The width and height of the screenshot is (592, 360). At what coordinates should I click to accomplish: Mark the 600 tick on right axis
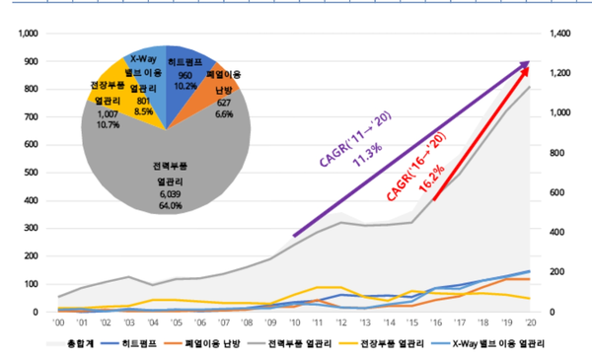point(555,192)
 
